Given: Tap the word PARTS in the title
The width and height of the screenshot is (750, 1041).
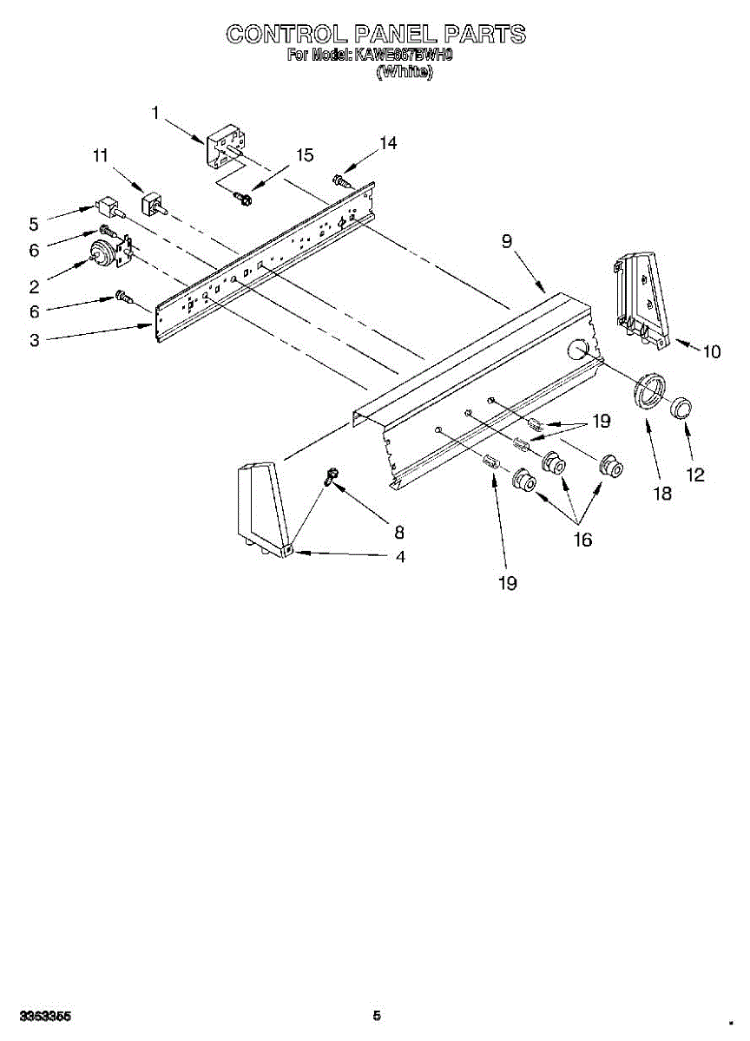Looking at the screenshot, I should tap(484, 34).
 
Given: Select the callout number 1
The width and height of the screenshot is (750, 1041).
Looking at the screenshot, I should tap(155, 112).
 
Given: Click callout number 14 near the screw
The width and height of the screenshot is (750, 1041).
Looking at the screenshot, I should tap(387, 143).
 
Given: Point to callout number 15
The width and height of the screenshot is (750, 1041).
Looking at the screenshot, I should tap(304, 155).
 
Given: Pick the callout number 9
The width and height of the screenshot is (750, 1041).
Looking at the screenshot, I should tap(506, 242).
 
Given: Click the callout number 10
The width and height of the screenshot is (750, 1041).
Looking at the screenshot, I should tap(711, 351).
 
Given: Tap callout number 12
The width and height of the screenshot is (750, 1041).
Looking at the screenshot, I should tap(694, 475).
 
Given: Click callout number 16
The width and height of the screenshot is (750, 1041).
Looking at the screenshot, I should tap(582, 540).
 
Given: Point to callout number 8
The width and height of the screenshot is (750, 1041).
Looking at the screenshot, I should tap(398, 532).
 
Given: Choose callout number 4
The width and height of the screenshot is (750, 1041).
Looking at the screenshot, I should tap(400, 557).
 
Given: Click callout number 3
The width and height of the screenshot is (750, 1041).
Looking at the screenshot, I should tap(34, 340).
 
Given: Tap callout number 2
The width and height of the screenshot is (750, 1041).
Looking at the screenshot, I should tap(34, 287).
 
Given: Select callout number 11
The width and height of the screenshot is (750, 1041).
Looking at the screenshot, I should tap(101, 156).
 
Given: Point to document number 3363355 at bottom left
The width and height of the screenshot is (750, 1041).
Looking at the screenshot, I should tap(45, 1015).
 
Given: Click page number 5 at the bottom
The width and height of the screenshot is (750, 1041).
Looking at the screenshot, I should tap(376, 1015).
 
